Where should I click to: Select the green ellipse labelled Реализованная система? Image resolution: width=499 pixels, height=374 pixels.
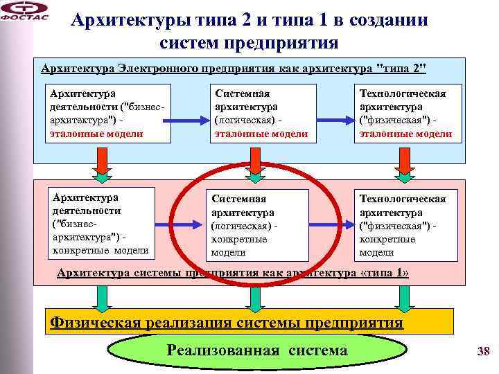[256, 351]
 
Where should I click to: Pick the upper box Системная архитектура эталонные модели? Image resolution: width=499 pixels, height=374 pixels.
[261, 113]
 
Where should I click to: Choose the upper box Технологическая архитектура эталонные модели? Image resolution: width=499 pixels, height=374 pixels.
[405, 113]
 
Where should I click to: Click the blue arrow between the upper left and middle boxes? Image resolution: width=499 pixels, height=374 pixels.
[189, 122]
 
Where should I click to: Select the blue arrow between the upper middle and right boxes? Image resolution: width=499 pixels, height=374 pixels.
[332, 122]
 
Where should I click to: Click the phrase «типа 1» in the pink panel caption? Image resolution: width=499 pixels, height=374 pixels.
[384, 273]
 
